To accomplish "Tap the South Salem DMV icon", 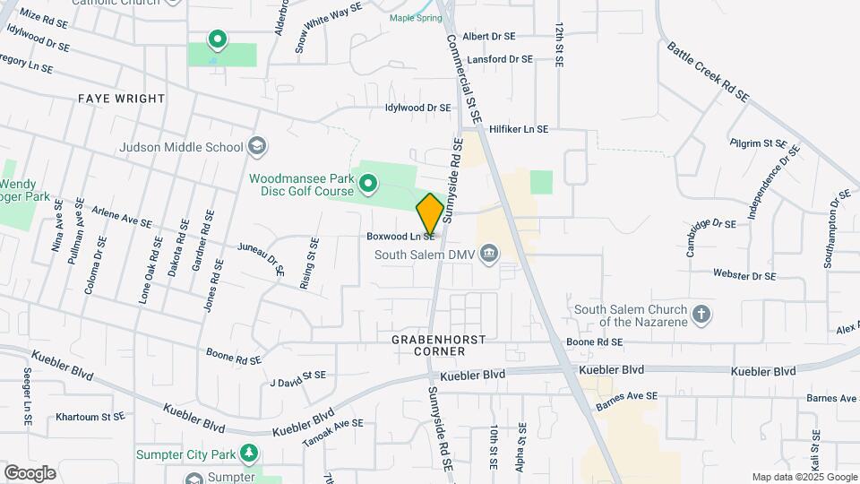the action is [489, 253].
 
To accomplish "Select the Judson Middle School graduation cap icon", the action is [256, 146].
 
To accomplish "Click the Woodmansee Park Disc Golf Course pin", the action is [368, 185].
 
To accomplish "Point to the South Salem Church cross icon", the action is [701, 315].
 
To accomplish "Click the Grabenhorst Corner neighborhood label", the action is [439, 345].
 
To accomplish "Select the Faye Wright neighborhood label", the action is [121, 99].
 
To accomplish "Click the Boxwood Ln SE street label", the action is [400, 237].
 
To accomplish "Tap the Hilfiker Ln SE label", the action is [518, 129].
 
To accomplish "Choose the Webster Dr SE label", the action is [744, 274].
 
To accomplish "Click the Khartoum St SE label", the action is [90, 417].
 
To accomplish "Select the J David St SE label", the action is [297, 379].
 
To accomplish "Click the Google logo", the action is [30, 472].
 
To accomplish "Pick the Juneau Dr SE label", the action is [262, 257].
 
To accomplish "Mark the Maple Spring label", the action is [415, 18].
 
